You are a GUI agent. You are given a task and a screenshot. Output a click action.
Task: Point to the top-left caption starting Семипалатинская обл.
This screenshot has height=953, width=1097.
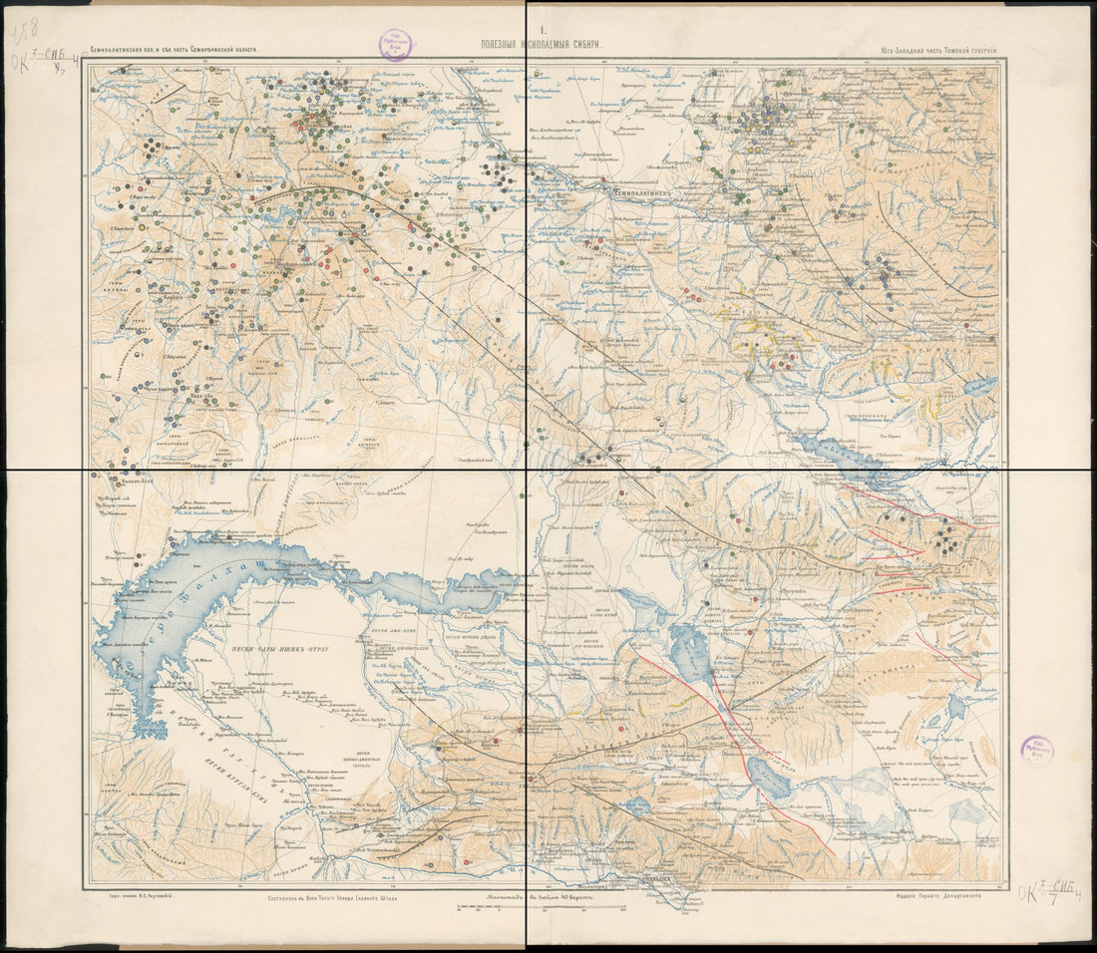coord(175,48)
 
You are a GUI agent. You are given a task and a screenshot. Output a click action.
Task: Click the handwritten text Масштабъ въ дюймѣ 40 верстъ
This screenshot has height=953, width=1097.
coord(545,896)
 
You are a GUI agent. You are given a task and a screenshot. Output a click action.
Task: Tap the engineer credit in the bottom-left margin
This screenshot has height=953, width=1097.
coord(140,896)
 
